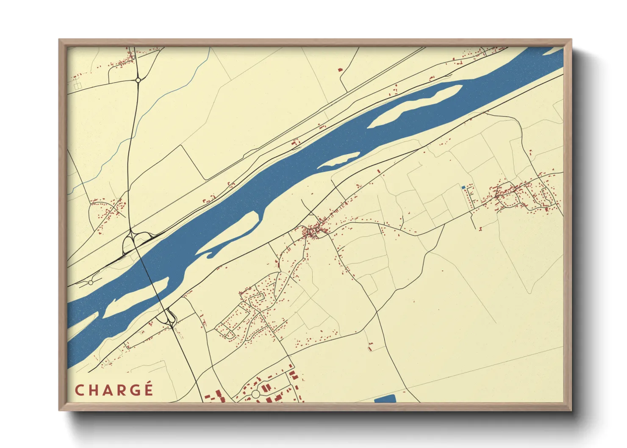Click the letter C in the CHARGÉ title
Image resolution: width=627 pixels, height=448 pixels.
(79, 390)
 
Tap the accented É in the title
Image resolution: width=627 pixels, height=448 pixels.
(147, 389)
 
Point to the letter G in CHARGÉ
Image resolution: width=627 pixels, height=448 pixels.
(134, 390)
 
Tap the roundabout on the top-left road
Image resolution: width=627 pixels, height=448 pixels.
(138, 80)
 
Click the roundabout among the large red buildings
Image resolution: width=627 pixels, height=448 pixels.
(255, 394)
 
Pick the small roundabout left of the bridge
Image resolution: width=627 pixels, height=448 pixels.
(90, 282)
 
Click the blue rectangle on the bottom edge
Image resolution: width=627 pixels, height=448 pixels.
(385, 398)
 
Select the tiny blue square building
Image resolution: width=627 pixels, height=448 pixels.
(463, 187)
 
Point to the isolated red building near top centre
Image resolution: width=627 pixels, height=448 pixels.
(339, 69)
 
